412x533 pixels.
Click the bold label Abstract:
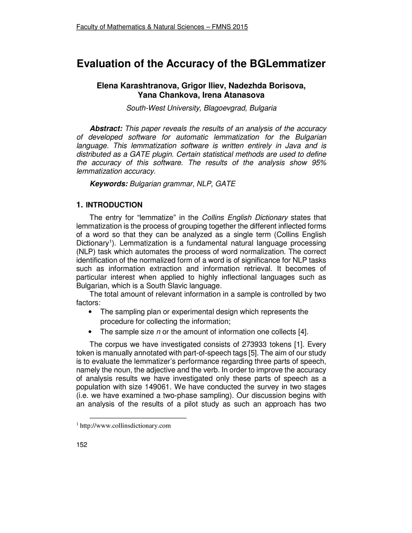point(106,129)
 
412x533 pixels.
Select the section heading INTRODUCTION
point(114,205)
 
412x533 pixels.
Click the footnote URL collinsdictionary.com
point(126,426)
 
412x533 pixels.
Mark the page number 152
point(82,445)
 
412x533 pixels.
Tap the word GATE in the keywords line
point(225,184)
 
